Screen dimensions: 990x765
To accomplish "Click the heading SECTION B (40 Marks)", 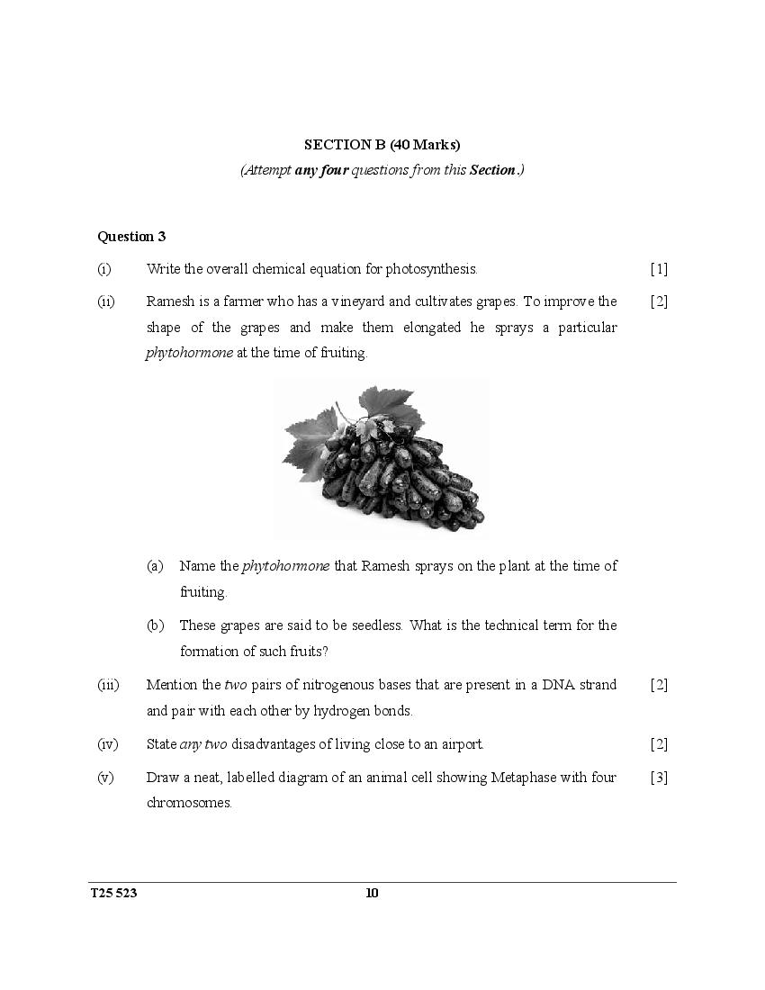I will pos(382,144).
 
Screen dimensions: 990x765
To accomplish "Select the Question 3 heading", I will pos(131,237).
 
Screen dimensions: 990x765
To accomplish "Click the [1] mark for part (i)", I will pos(659,269).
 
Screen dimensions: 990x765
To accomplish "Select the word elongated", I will pos(427,328).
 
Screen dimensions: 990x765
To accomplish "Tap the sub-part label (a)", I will pos(155,566).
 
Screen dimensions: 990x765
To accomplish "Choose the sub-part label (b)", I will pos(155,625).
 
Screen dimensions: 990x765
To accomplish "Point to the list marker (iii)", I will pos(108,685).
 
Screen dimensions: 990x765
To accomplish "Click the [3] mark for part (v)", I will pos(659,778).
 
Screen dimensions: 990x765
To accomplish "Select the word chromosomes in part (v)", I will pos(189,803).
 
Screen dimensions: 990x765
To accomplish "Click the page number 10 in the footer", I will pos(373,894).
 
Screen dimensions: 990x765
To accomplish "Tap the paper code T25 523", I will pos(114,894).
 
